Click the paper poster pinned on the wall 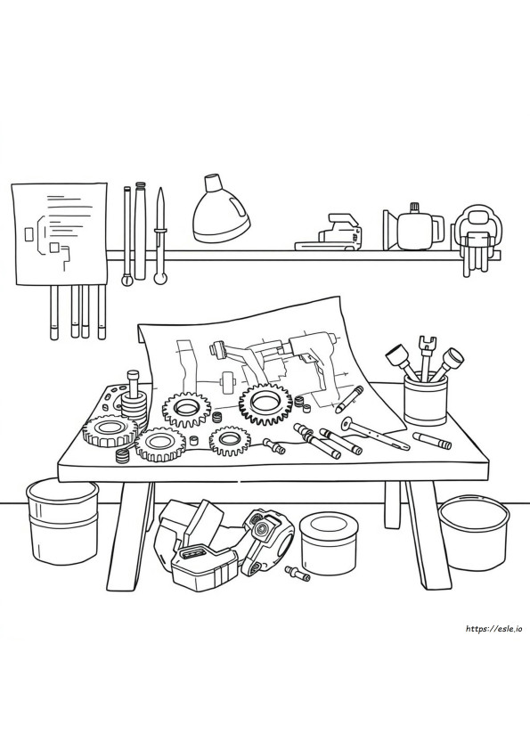coord(60,233)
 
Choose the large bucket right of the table coord(474,532)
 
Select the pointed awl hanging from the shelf coord(159,235)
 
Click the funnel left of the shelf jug coord(390,230)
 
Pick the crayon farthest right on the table coord(432,439)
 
